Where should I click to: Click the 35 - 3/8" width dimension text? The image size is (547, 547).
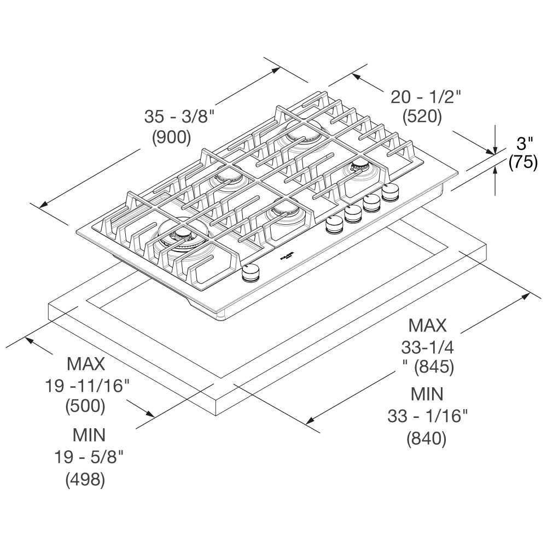tap(179, 117)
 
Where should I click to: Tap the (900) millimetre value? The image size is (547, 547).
tap(172, 137)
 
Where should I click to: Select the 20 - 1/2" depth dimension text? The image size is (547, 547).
tap(426, 97)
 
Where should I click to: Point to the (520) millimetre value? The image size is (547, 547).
tap(422, 117)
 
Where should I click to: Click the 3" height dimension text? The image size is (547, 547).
tap(525, 143)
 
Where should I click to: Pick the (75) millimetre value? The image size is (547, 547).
tap(523, 162)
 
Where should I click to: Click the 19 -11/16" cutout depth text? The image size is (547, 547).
tap(87, 386)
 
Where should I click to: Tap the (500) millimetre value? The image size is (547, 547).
tap(85, 406)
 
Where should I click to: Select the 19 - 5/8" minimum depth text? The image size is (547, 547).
tap(89, 457)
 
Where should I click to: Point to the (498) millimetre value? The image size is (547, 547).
tap(85, 480)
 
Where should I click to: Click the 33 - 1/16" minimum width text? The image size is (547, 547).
tap(427, 416)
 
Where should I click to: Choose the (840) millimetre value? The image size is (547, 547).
tap(426, 439)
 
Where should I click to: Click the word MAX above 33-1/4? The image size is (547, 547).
tap(427, 326)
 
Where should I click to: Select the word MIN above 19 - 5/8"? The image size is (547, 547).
tap(89, 435)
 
